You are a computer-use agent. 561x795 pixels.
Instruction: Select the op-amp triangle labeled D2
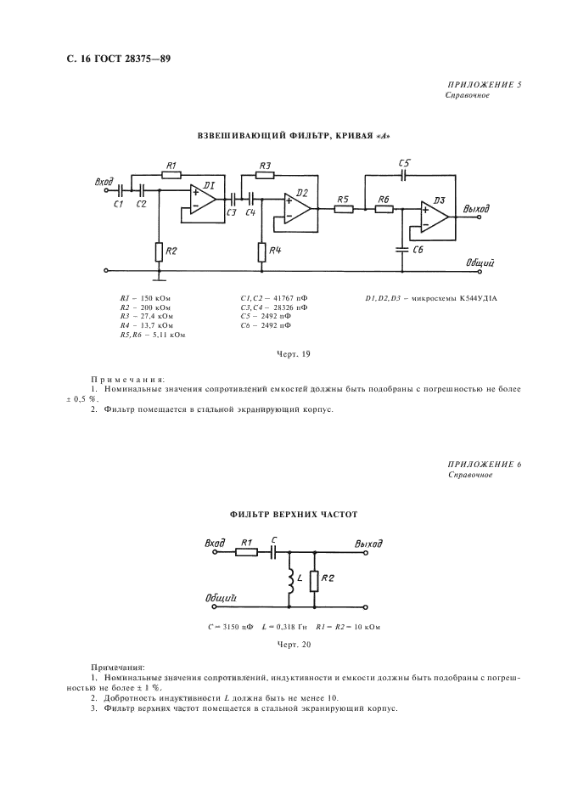296,208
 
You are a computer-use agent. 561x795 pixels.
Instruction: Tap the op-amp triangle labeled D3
434,217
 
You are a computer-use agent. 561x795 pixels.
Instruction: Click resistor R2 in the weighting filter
159,251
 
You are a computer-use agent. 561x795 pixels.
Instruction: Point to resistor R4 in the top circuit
261,251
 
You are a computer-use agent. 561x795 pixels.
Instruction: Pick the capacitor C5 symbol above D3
403,176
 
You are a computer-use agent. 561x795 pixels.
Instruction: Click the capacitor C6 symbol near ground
402,250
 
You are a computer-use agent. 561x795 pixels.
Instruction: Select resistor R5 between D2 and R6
344,208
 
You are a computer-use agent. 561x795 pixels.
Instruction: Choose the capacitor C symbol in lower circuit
273,552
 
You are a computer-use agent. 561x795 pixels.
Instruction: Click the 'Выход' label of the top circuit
476,208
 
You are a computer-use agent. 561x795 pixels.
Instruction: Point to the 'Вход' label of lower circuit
215,544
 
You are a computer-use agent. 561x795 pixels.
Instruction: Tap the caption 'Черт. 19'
294,354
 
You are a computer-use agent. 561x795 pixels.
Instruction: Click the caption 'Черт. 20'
294,645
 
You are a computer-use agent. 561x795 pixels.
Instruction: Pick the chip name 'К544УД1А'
479,298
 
